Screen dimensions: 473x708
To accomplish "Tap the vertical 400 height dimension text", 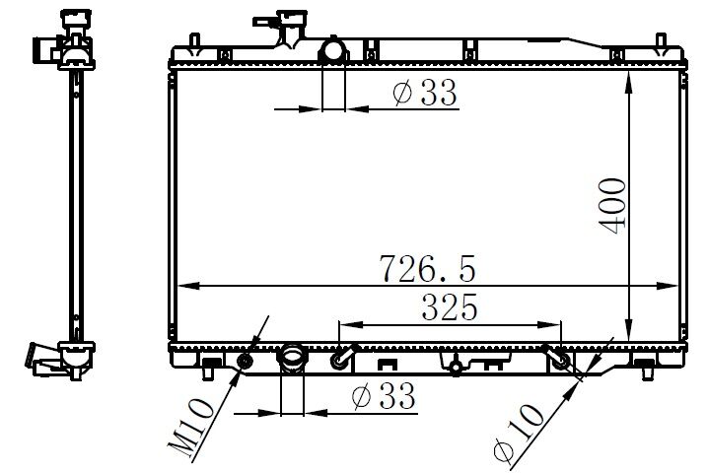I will point(612,205).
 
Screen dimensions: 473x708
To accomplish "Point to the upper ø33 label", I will point(424,94).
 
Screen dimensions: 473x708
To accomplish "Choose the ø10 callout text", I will point(521,433).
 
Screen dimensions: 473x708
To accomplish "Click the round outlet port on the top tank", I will point(334,50).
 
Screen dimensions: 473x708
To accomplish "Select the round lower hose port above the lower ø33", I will point(292,357).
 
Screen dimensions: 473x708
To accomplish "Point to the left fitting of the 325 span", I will point(340,359).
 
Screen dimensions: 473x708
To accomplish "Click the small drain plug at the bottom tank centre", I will point(454,368).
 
